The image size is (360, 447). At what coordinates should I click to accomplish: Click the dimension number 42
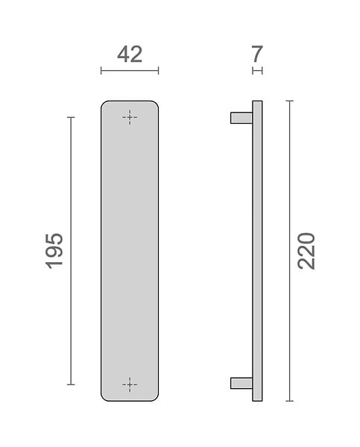click(x=130, y=54)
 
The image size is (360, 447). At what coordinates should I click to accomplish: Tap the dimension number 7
click(x=257, y=54)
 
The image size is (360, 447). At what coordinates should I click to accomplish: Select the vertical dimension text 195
click(x=54, y=251)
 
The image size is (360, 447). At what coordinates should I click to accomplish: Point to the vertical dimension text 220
click(x=306, y=251)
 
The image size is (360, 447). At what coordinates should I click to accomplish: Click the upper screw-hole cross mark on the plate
click(x=130, y=117)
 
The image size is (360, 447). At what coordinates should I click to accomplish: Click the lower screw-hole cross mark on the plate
click(x=130, y=384)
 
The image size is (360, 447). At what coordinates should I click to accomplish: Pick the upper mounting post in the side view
click(x=241, y=118)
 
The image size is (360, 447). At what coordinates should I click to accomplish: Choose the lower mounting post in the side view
click(x=241, y=383)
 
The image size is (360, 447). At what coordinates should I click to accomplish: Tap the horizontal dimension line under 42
click(x=130, y=71)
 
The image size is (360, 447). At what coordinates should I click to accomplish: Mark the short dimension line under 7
click(x=257, y=71)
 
